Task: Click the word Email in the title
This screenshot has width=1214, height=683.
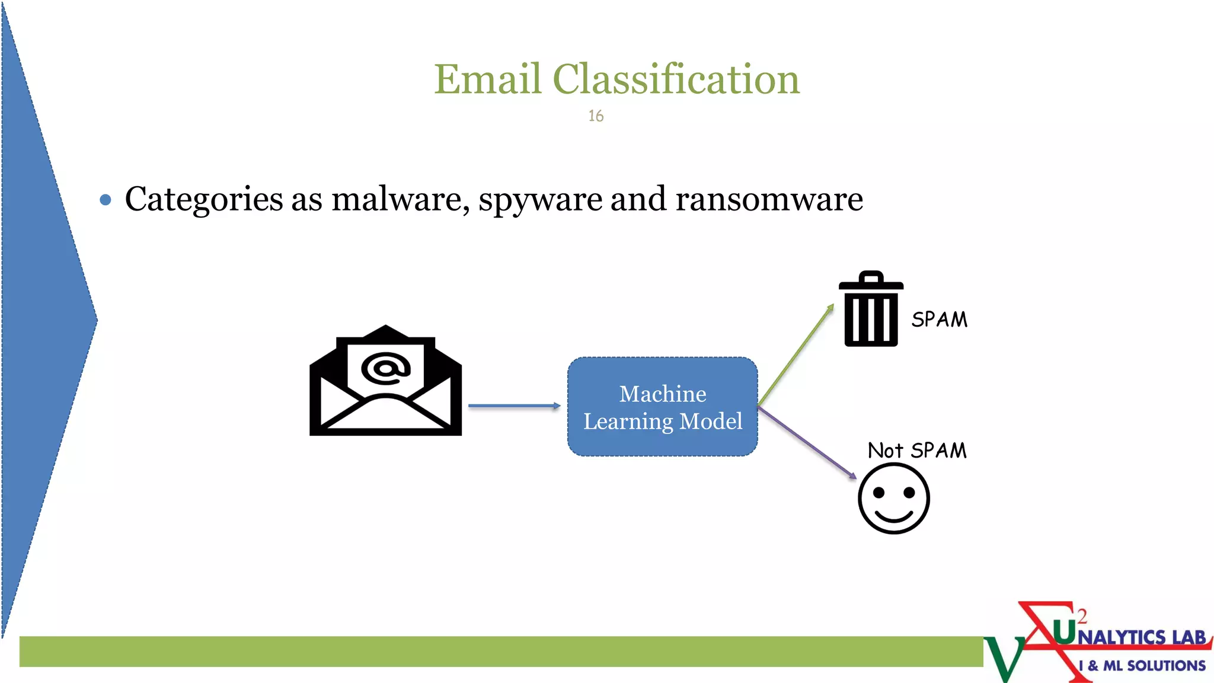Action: tap(487, 79)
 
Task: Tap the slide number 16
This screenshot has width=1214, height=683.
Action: tap(596, 116)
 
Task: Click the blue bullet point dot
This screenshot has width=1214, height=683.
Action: tap(106, 200)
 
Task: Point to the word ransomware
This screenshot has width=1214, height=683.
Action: tap(769, 199)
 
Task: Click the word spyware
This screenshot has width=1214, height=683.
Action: tap(540, 200)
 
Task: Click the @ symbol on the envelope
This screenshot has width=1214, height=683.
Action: tap(386, 369)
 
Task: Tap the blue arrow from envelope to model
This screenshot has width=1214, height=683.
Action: tap(513, 406)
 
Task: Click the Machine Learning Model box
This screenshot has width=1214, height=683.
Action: tap(662, 407)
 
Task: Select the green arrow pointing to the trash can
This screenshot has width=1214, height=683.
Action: tap(796, 355)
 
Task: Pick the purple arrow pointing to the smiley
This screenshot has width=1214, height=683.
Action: tap(807, 442)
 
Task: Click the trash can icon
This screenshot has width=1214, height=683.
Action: tap(871, 310)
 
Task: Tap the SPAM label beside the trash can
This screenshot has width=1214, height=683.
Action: tap(939, 320)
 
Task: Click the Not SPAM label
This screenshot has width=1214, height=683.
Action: tap(917, 451)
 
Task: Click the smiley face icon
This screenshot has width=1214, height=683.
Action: tap(893, 499)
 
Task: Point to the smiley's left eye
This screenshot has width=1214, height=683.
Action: tap(879, 493)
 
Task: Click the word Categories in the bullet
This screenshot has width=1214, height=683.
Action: tap(204, 199)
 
